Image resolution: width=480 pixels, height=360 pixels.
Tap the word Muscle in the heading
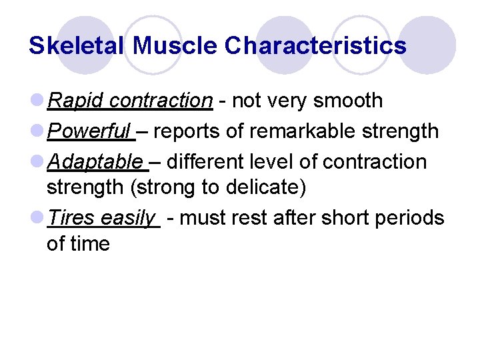click(175, 45)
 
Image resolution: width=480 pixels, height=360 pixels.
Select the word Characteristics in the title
click(315, 45)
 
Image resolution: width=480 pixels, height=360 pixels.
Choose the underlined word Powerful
click(90, 131)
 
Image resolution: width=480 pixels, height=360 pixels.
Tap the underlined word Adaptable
click(95, 162)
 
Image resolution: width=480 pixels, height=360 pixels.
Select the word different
click(210, 162)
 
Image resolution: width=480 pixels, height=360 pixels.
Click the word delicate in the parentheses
click(265, 187)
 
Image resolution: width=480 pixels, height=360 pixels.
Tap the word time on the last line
click(91, 243)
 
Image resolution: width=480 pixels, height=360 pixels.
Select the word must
click(201, 218)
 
